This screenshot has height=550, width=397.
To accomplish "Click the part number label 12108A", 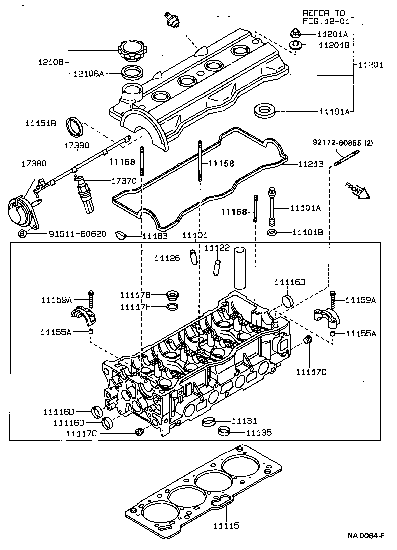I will point(89,74).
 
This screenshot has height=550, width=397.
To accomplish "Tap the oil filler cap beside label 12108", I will point(132,51).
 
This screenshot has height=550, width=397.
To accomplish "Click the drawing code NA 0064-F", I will point(366,536).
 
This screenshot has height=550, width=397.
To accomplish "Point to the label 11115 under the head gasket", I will point(226,526).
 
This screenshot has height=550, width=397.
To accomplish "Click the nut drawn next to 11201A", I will point(295,34).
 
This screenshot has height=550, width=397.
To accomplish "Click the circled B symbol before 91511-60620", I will point(22,234).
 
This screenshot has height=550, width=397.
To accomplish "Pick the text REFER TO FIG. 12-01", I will point(325,17).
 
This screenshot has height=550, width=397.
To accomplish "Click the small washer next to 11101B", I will point(272,233).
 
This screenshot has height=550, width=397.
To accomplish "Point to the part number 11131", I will point(244,421).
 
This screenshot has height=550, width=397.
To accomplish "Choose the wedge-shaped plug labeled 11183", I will point(120,233).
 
